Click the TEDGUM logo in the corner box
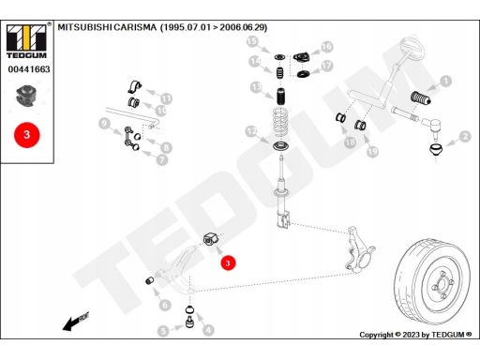coord(26,41)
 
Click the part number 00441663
coord(29,69)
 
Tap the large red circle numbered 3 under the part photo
coord(27,135)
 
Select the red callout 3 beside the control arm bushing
coord(228,262)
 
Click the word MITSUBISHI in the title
coord(84,27)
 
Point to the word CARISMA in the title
coord(135,27)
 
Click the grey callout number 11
coord(166,99)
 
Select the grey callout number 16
coord(327,47)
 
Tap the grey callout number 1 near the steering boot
coord(446,81)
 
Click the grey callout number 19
coord(372,152)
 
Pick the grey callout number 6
coord(165,305)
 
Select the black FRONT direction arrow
coord(76,322)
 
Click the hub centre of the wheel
coord(442,284)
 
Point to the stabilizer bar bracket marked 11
coord(135,87)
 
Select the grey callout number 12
coord(251,131)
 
